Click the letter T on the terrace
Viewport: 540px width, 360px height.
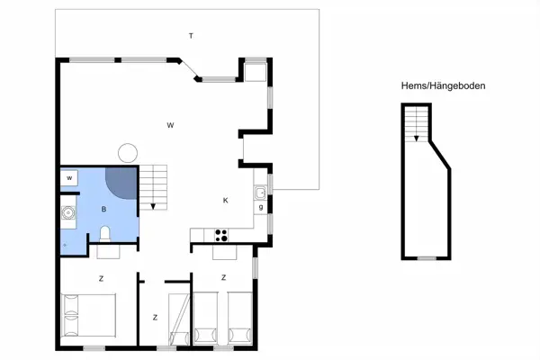pyautogui.click(x=191, y=36)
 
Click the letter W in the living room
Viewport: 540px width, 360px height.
pyautogui.click(x=170, y=125)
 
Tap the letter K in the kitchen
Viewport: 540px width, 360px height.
pyautogui.click(x=226, y=201)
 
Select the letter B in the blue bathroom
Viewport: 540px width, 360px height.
pyautogui.click(x=103, y=209)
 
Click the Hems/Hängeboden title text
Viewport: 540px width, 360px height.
pyautogui.click(x=443, y=85)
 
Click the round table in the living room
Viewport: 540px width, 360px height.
pyautogui.click(x=128, y=153)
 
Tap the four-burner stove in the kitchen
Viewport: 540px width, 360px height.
pyautogui.click(x=221, y=235)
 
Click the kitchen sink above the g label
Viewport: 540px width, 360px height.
pyautogui.click(x=260, y=193)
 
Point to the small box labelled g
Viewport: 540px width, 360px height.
pyautogui.click(x=261, y=207)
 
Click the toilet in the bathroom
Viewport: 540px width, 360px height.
pyautogui.click(x=104, y=234)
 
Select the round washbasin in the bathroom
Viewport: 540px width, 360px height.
pyautogui.click(x=68, y=212)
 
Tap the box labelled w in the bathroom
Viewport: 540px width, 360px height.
pyautogui.click(x=69, y=178)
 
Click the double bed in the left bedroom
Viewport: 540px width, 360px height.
pyautogui.click(x=88, y=315)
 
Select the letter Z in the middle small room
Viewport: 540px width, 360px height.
pyautogui.click(x=155, y=318)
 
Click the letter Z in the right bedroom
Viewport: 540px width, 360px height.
pyautogui.click(x=223, y=277)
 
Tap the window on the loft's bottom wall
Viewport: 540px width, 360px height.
pyautogui.click(x=427, y=258)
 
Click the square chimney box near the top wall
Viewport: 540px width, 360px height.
pyautogui.click(x=256, y=72)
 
